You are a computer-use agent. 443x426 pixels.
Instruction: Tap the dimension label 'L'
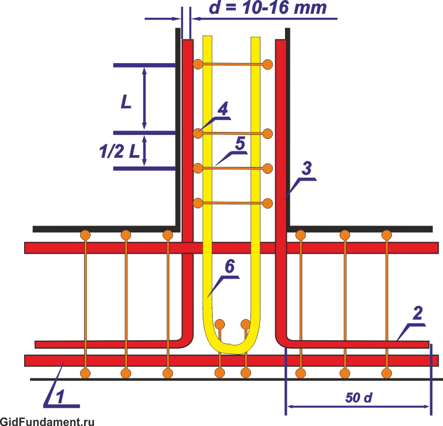coord(126,102)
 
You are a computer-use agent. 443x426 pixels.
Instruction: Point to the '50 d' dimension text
coord(358,398)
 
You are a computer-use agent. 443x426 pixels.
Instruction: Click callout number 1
coord(60,397)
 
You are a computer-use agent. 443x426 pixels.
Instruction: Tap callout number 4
coord(223,109)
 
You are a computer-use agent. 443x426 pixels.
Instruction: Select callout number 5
coord(239,144)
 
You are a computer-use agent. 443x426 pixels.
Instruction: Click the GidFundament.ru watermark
coord(47,421)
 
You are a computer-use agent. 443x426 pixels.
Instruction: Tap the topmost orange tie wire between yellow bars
coord(233,64)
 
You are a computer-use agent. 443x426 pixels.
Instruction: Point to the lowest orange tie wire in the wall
coord(233,203)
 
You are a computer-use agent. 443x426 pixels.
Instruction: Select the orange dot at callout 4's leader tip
coord(198,133)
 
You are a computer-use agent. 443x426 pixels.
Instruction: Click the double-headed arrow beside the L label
coord(144,98)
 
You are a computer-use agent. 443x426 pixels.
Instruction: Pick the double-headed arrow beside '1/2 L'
coord(145,151)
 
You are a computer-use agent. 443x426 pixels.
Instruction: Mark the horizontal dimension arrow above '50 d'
coord(358,406)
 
